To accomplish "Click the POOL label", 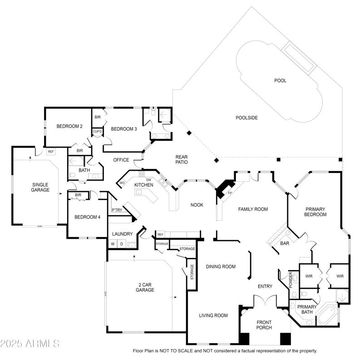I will [x=280, y=81].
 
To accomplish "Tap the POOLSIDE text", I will [x=246, y=118].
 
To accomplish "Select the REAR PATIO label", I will [x=181, y=159].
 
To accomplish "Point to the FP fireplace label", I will [x=230, y=193].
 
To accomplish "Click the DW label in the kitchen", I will [x=148, y=180].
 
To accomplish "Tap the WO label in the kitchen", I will [x=122, y=183].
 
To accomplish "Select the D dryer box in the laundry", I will [x=121, y=244].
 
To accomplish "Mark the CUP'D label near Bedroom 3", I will [x=97, y=132].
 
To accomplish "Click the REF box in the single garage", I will [x=50, y=152].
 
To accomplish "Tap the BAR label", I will [x=285, y=244].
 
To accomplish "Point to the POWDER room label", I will [x=290, y=280].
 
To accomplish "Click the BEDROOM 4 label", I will [x=86, y=217].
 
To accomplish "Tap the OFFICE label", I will [x=121, y=160].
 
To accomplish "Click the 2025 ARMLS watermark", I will [x=30, y=343].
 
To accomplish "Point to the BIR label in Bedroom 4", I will [x=78, y=195].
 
